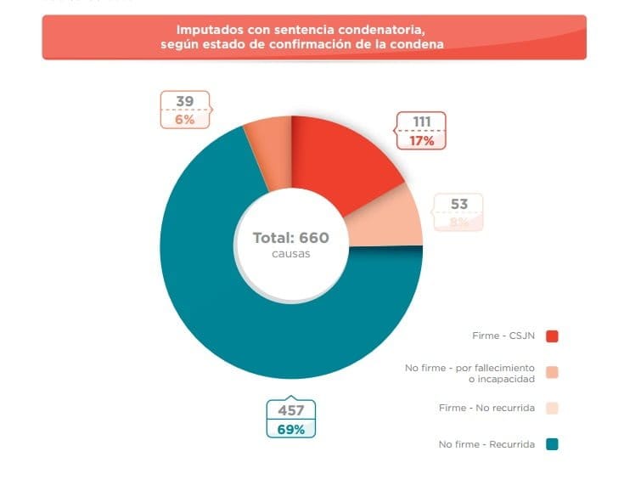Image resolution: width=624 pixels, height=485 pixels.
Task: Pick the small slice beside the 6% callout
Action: pos(268,136)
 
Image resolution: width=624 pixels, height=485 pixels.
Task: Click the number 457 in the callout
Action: pos(290,410)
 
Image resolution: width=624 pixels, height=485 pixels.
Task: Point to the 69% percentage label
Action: pos(290,429)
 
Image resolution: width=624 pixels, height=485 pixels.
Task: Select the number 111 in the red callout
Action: pos(422,122)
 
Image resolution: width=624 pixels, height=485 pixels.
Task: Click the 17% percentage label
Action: pos(422,141)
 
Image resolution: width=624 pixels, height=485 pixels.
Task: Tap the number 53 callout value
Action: pos(459,204)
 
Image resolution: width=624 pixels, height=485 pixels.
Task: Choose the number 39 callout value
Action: pos(185,102)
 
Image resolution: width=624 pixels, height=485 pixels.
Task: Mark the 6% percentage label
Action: pos(185,120)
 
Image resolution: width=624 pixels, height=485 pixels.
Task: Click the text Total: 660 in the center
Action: pos(290,238)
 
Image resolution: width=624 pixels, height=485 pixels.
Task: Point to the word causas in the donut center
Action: pos(290,254)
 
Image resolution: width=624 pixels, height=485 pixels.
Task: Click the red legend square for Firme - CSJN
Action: pos(552,336)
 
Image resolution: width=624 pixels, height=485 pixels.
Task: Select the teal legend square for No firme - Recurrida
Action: pos(552,444)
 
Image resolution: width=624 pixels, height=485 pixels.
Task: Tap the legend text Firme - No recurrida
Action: pos(486,409)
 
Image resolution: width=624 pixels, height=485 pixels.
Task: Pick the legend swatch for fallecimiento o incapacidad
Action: pos(552,372)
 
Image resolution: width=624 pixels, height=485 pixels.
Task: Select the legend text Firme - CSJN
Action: pos(503,336)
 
